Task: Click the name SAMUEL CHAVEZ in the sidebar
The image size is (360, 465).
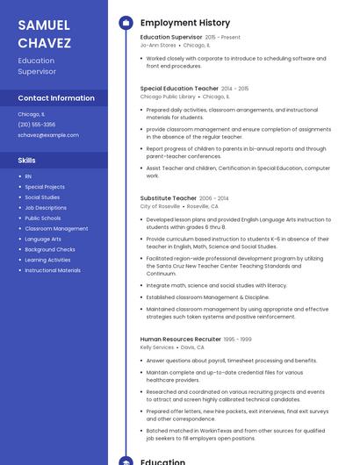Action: click(x=44, y=32)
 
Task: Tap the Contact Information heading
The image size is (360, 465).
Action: click(x=56, y=97)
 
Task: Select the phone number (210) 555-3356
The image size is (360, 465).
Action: click(x=36, y=125)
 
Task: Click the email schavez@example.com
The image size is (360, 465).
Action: click(x=48, y=135)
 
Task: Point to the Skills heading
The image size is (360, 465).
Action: click(x=26, y=161)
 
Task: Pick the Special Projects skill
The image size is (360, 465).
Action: click(x=45, y=187)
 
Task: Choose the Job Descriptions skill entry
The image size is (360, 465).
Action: click(x=46, y=208)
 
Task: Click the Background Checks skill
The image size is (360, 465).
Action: click(x=50, y=249)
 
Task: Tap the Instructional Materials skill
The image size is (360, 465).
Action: click(x=53, y=270)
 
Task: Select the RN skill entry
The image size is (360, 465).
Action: click(x=28, y=176)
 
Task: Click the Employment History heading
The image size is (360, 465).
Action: click(x=185, y=23)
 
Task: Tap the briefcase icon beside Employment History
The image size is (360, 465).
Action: click(x=126, y=23)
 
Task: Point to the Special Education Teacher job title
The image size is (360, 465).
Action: click(x=179, y=89)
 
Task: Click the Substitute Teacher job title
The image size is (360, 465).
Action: click(x=169, y=198)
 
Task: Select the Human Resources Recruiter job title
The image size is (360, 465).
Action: click(x=181, y=339)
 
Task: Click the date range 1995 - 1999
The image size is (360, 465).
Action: click(x=237, y=340)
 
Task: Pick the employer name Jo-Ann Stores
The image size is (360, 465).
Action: click(x=158, y=45)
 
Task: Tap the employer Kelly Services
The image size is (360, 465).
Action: click(x=157, y=347)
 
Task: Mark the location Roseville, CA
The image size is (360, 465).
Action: click(x=203, y=206)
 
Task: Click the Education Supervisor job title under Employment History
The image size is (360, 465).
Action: click(x=171, y=37)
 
